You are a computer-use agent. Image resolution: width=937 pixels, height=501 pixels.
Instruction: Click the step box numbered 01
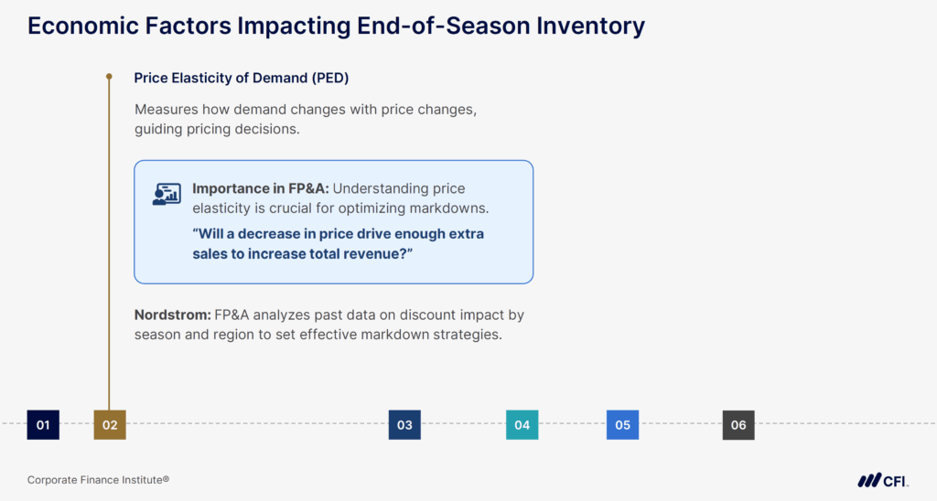tap(43, 424)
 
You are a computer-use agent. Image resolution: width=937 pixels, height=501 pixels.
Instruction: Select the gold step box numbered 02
tap(110, 424)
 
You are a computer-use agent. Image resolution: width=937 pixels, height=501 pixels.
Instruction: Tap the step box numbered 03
tap(404, 424)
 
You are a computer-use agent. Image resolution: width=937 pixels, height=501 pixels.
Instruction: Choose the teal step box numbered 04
tap(522, 424)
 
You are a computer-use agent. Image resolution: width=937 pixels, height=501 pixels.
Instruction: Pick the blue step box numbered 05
tap(622, 424)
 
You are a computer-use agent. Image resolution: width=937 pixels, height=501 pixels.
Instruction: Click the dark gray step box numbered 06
tap(738, 424)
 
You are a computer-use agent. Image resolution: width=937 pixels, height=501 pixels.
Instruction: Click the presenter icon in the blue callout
tap(166, 194)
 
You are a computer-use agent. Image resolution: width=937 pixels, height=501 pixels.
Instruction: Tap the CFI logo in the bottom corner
tap(882, 480)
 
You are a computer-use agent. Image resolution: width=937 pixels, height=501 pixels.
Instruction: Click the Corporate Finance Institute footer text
tap(98, 480)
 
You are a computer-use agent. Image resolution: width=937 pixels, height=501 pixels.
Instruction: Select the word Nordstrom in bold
tap(171, 314)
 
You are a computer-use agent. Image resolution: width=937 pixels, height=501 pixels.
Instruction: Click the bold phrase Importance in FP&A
tap(260, 188)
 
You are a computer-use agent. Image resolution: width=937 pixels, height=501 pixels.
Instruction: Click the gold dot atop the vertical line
tap(109, 77)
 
